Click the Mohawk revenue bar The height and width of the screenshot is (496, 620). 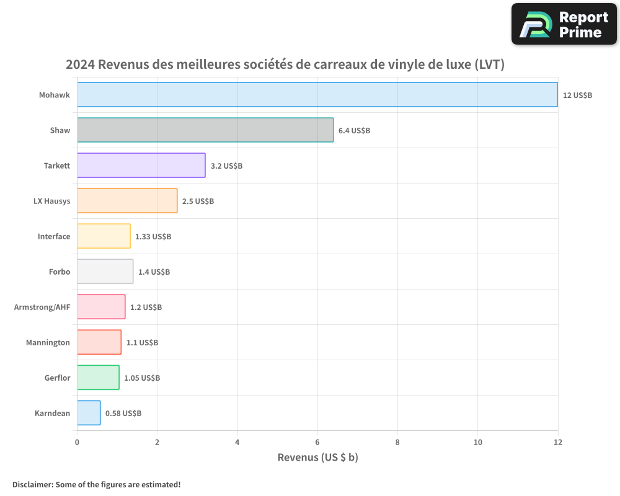point(317,95)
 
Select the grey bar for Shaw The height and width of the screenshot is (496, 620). point(205,130)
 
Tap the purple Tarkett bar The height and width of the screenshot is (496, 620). point(141,166)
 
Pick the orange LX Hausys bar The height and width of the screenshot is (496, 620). point(127,201)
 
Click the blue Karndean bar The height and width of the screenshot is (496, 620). point(89,413)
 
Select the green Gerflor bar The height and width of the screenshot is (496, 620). point(98,378)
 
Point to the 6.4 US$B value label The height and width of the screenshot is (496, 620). point(354,131)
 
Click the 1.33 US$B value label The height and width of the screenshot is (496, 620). point(153,237)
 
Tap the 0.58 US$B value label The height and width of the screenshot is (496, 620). point(123,413)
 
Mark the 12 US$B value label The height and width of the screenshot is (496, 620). point(577,95)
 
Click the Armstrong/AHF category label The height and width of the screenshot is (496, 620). point(42,307)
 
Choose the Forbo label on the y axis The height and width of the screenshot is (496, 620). point(60,272)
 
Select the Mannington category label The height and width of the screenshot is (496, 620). point(48,342)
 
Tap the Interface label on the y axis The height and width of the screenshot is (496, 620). point(54,236)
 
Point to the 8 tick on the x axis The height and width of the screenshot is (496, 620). point(397,442)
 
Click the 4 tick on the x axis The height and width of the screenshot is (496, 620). point(237,442)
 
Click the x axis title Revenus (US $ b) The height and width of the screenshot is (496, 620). point(317,458)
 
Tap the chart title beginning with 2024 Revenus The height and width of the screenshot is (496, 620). point(285,64)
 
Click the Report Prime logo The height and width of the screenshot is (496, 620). point(564,24)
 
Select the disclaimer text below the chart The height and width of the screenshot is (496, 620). point(97,484)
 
